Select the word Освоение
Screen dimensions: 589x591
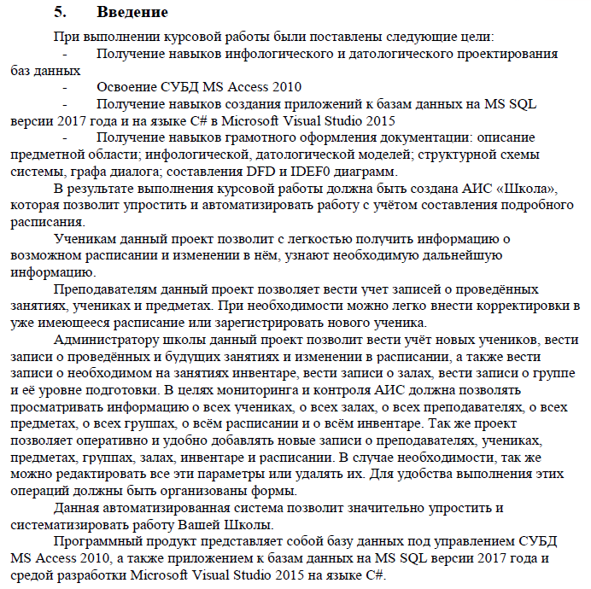pos(126,88)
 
